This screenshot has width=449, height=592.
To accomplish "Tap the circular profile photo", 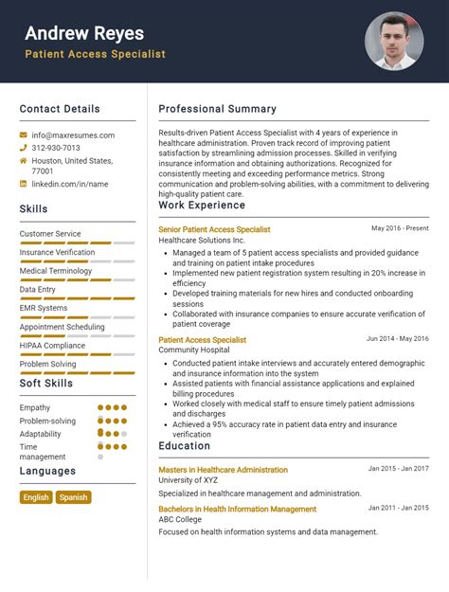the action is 394,41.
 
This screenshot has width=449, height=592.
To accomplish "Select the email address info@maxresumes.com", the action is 73,135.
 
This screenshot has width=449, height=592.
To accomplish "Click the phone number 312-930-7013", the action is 56,148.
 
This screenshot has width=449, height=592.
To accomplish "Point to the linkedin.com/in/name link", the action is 70,184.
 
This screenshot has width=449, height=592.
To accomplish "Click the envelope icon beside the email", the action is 24,135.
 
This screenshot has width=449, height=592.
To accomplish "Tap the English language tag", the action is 36,497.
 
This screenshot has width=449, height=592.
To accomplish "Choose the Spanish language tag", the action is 73,497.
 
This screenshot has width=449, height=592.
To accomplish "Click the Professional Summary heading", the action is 217,109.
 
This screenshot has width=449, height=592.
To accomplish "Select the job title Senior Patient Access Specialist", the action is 214,229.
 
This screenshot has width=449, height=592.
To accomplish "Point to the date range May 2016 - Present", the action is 400,228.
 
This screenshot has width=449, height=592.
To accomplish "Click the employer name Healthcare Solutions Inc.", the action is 202,241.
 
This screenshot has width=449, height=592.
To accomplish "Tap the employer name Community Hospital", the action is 193,350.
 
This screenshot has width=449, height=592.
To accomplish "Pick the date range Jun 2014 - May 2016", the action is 397,338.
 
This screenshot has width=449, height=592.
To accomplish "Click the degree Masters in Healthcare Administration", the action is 223,470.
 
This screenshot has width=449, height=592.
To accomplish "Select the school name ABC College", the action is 180,520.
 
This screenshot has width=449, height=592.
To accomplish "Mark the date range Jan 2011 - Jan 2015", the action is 398,509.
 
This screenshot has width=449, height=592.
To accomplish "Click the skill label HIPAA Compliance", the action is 52,346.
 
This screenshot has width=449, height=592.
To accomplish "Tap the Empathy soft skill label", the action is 35,407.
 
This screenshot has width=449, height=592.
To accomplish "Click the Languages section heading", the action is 47,471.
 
